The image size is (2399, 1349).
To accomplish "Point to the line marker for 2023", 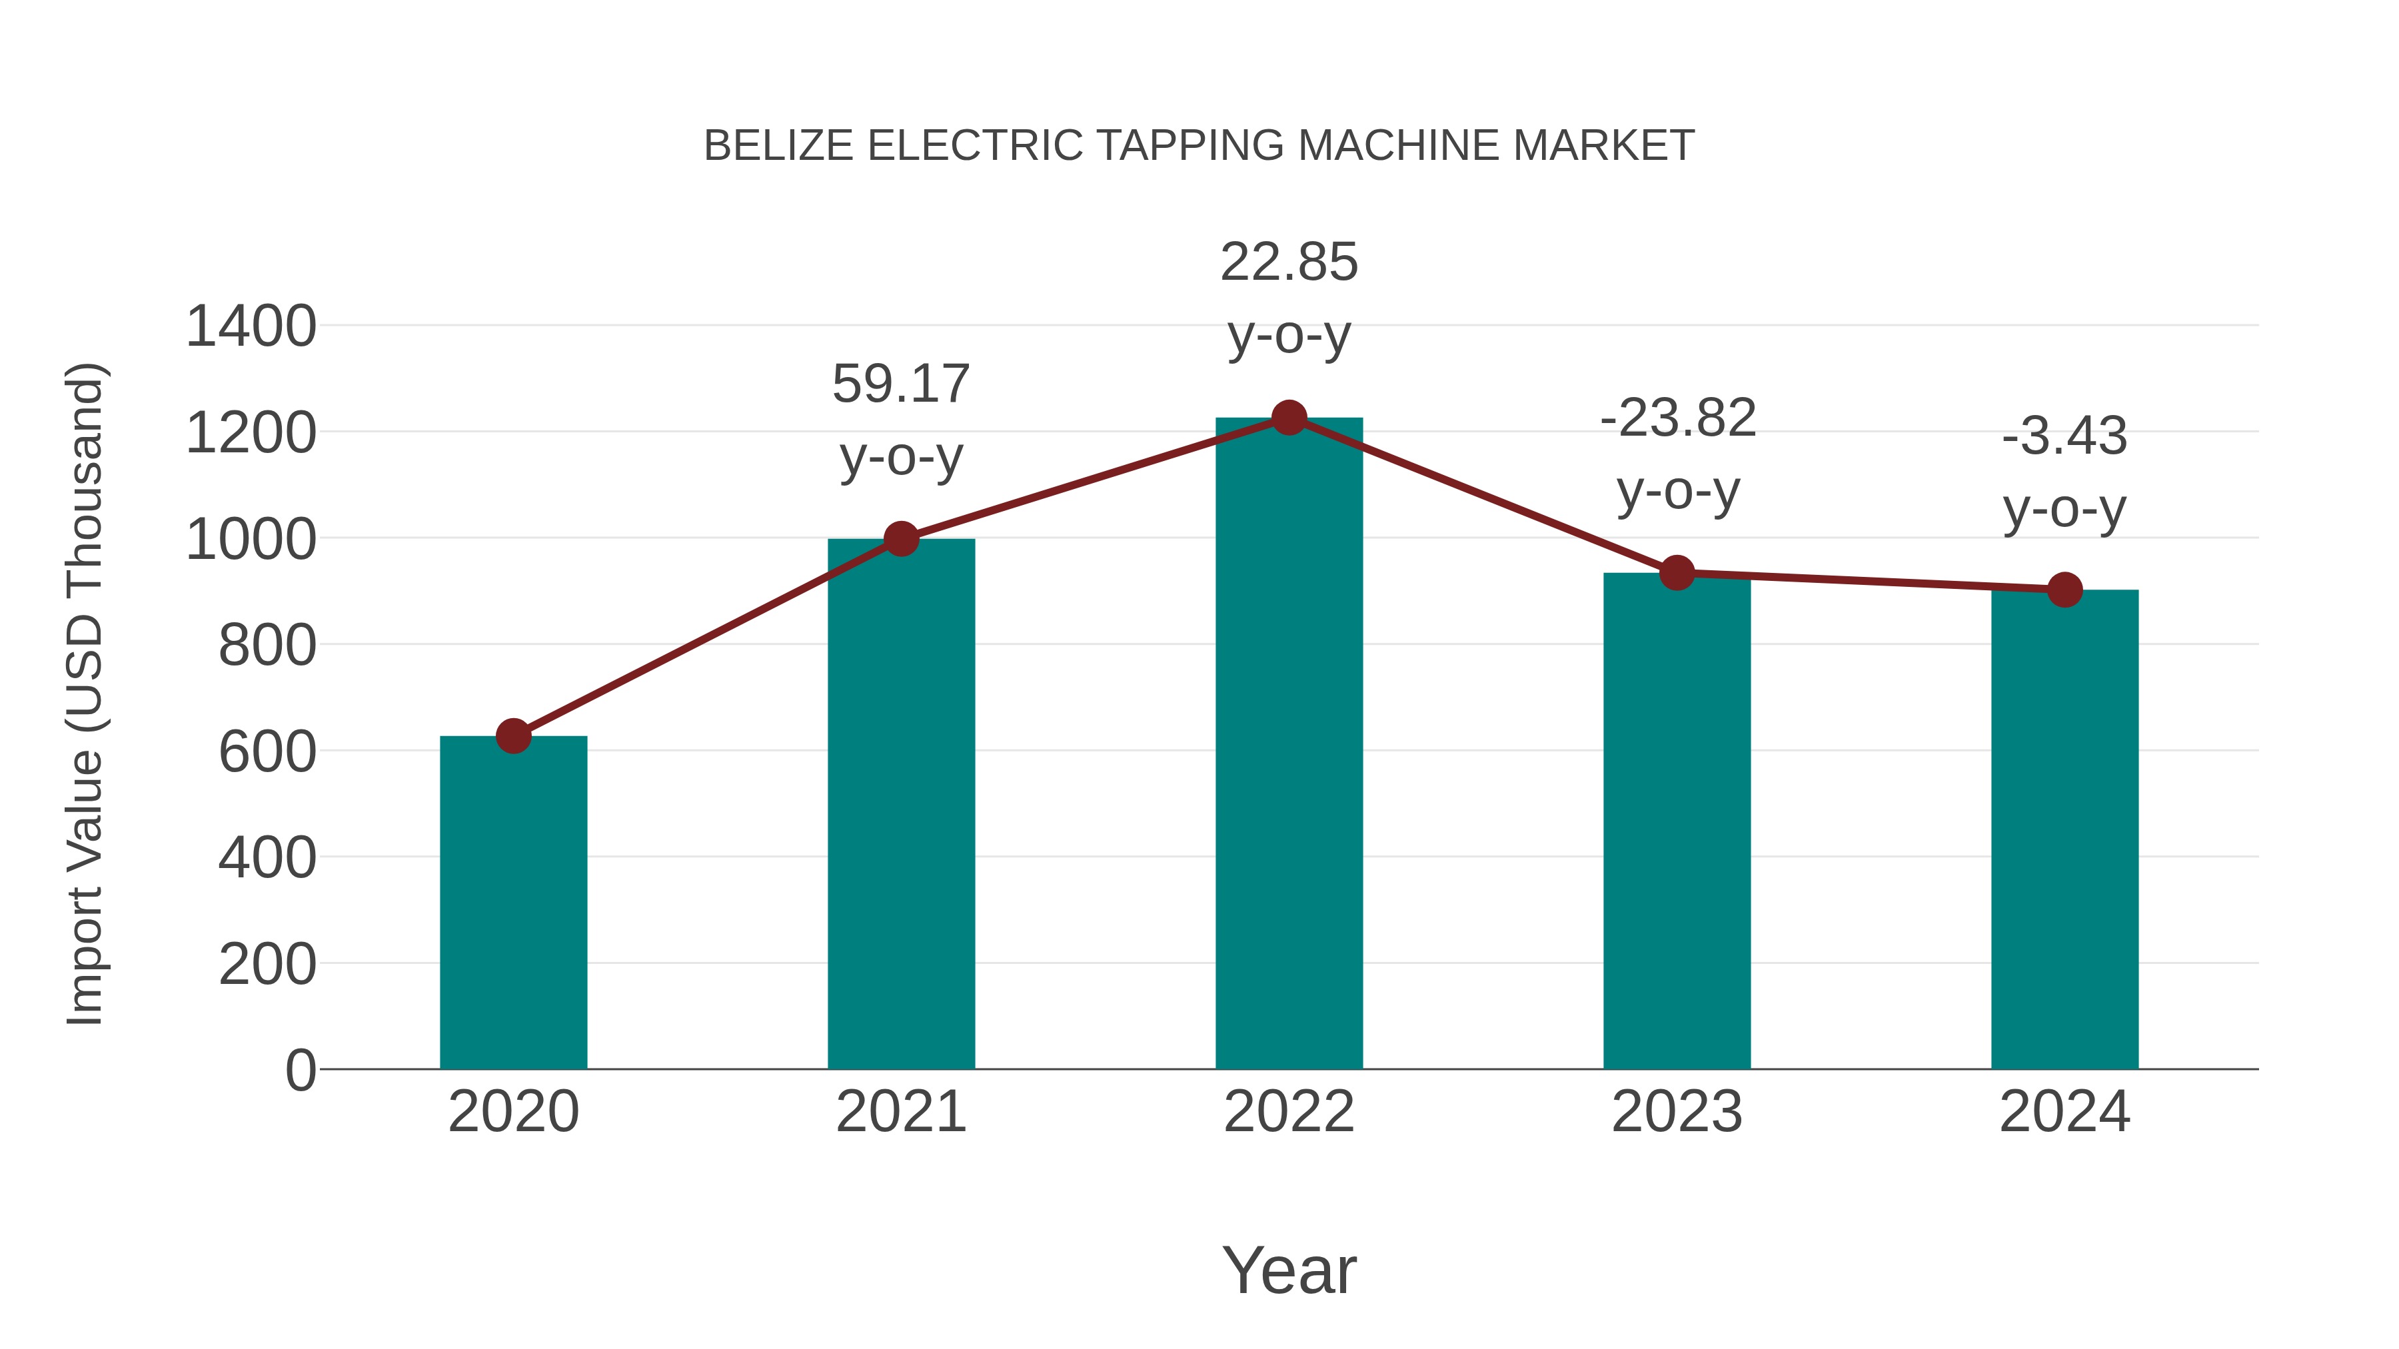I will [1677, 572].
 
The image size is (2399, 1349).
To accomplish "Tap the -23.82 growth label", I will [1677, 418].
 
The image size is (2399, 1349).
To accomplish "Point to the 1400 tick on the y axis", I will [251, 327].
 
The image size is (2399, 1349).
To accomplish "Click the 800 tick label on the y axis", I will [267, 645].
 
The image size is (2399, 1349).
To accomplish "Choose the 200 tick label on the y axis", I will [267, 965].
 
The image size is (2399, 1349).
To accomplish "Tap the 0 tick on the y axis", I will [300, 1070].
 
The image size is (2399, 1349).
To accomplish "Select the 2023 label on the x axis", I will [1677, 1112].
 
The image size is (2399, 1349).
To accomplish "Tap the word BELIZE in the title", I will [778, 146].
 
